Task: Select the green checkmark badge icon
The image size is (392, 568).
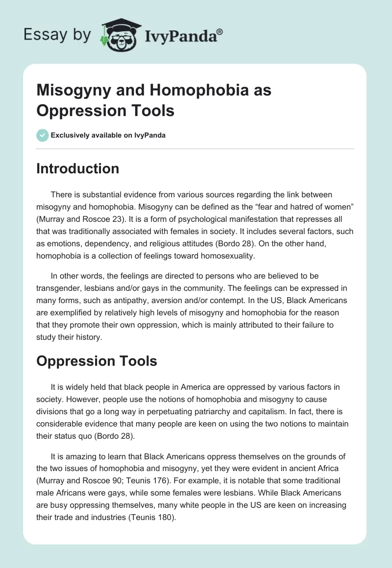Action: [43, 135]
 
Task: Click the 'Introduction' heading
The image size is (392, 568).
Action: [78, 168]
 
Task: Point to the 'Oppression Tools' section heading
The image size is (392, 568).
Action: [97, 361]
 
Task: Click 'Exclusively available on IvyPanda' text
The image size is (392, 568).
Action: [108, 135]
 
